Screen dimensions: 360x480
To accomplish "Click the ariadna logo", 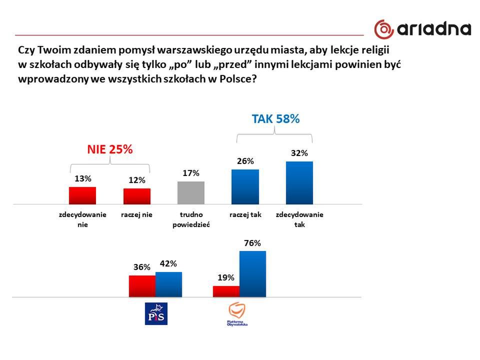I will [422, 28].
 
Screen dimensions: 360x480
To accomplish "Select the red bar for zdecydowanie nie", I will [82, 195].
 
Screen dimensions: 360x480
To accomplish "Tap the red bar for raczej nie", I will [136, 196].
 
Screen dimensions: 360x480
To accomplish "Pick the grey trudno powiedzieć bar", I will [191, 192].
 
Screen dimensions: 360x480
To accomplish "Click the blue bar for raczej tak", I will [245, 186].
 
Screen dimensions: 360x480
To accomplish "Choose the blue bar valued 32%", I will [299, 182].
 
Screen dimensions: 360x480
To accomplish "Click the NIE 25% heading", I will [110, 149].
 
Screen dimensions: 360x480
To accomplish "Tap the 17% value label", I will [191, 173].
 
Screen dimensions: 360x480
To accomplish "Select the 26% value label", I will [245, 161].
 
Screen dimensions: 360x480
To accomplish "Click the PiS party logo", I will [156, 313].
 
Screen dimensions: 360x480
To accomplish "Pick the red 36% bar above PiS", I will [142, 286].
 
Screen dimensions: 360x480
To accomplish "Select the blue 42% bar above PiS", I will [168, 284].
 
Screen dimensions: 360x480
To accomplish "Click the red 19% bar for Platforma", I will [226, 291].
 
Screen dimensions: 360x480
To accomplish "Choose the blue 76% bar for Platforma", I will [252, 274].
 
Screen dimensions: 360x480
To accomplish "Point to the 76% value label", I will [252, 243].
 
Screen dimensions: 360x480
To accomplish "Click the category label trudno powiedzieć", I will [190, 219].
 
